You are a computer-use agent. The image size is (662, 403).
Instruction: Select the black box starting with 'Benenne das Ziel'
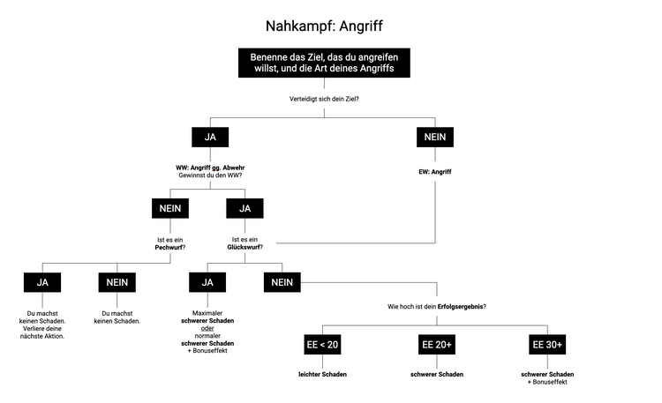coord(323,61)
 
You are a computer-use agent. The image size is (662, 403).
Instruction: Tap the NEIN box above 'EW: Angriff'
coord(434,137)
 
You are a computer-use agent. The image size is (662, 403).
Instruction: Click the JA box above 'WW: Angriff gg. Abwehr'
coord(210,137)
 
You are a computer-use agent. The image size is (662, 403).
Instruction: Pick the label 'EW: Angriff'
coord(434,171)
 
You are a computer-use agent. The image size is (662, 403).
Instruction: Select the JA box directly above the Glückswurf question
coord(245,208)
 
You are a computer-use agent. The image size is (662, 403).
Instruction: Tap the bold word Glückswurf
coord(245,248)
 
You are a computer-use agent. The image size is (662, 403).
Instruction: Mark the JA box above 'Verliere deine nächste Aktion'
coord(42,282)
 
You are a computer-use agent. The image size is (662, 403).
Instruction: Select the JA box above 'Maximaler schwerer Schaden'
coord(208,282)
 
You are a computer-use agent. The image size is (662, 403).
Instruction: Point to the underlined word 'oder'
coord(208,330)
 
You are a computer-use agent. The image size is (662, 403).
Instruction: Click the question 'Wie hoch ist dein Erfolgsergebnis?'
coord(437,306)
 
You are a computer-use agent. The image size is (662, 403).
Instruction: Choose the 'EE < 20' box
coord(322,344)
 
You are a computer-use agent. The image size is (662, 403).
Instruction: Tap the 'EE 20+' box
coord(437,344)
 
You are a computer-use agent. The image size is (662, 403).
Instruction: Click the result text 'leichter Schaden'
coord(322,374)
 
